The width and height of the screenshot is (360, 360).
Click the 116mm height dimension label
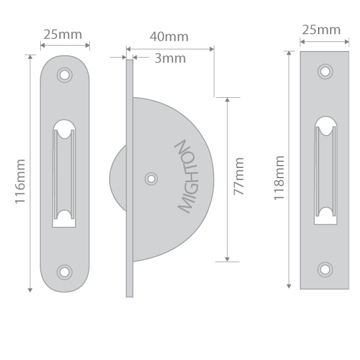point(20,181)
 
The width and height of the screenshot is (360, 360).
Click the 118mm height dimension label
point(279,178)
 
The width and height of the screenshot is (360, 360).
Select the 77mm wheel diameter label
point(239,176)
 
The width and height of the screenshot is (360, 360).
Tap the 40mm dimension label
point(169,37)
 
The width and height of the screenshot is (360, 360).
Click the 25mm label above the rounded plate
point(65,34)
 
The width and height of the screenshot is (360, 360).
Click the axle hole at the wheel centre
point(151,179)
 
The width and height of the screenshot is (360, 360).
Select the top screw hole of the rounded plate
point(64,75)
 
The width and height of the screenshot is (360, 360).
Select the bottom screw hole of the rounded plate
point(64,272)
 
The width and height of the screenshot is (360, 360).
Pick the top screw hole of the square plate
point(325,71)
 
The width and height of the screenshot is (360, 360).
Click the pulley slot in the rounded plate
point(64,173)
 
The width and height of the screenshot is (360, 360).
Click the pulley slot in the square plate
point(325,170)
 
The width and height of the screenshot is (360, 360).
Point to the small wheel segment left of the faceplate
point(118,178)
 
